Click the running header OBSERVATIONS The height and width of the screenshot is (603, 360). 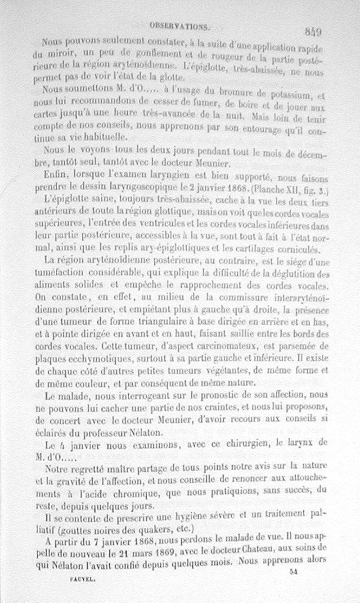(180, 26)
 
